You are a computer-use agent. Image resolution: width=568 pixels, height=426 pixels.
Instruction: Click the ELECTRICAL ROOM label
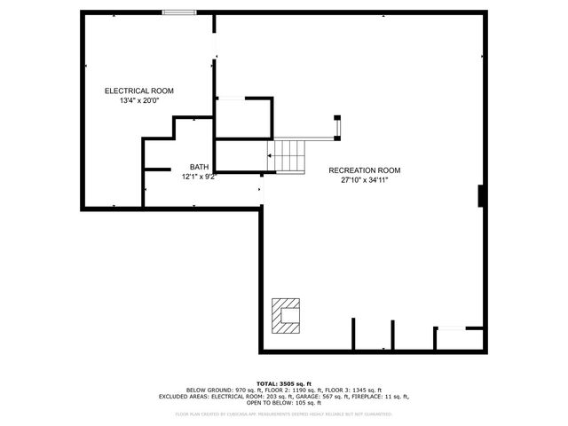pos(138,91)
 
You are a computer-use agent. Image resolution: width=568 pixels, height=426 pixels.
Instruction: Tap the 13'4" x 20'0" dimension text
pos(138,101)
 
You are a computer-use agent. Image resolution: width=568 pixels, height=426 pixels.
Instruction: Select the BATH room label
pos(199,167)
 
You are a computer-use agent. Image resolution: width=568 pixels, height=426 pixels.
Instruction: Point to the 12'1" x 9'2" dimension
pos(199,177)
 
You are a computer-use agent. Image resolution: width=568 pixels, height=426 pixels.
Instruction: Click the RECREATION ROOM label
pos(364,170)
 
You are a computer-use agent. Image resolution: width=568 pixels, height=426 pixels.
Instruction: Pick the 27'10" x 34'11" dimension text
pos(365,180)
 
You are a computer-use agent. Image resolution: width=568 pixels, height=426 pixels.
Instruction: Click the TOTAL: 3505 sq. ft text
pos(283,383)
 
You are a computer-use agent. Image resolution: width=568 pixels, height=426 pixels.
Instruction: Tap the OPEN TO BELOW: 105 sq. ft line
pos(284,403)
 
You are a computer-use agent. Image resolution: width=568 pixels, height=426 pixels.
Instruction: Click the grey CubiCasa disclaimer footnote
pos(283,414)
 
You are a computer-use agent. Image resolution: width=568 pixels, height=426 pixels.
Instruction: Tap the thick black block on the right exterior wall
pos(481,195)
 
